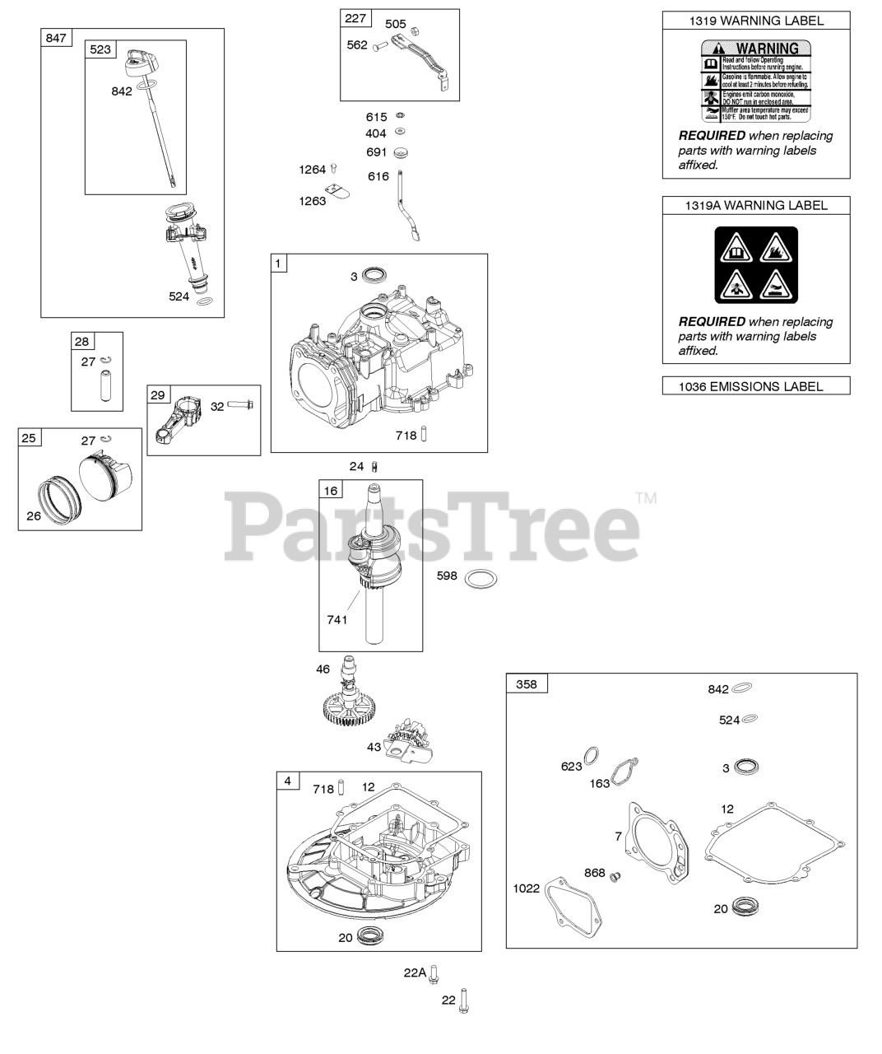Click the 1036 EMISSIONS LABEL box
755,385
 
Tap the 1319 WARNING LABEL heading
755,21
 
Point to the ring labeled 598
480,580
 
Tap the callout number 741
338,619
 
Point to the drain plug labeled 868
613,878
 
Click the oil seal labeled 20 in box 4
372,936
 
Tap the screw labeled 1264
333,170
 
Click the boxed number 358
526,683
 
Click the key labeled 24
375,467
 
